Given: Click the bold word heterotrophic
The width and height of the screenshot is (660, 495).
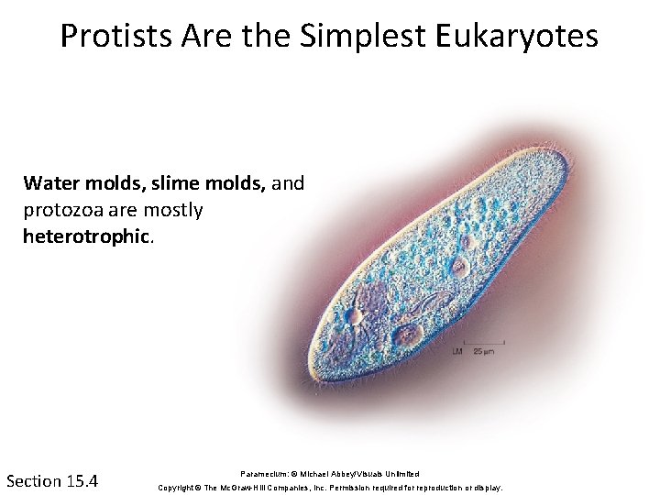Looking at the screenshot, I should pos(84,236).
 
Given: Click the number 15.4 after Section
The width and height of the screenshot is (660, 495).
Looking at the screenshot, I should pos(82,480).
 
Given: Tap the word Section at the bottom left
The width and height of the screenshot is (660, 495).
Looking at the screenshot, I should pos(34,480).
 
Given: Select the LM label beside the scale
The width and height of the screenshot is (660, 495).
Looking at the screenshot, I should pos(458,352).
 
